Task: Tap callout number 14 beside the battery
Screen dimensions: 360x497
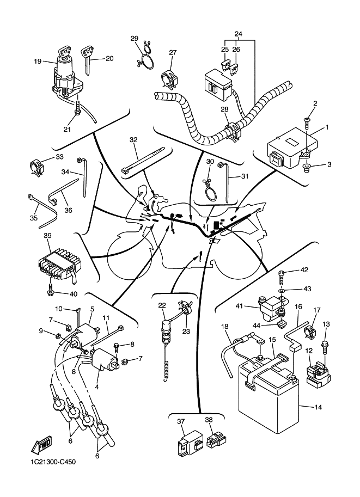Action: (x=318, y=407)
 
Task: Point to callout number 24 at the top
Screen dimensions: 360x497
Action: (x=238, y=34)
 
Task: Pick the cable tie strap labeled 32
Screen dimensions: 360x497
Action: (x=143, y=159)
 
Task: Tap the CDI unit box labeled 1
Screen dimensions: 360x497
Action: (x=292, y=148)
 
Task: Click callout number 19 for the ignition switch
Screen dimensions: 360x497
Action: (x=38, y=61)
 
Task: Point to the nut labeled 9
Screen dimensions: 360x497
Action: (x=58, y=335)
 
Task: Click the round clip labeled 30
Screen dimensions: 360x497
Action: (x=209, y=191)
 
